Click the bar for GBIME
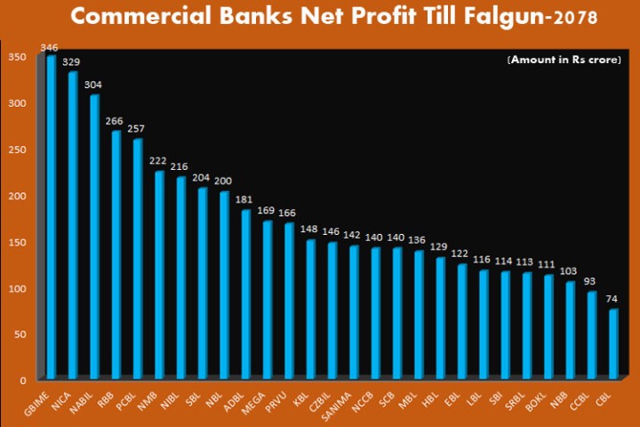(51, 217)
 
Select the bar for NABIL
(94, 237)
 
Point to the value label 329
(71, 62)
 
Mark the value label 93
(591, 282)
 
